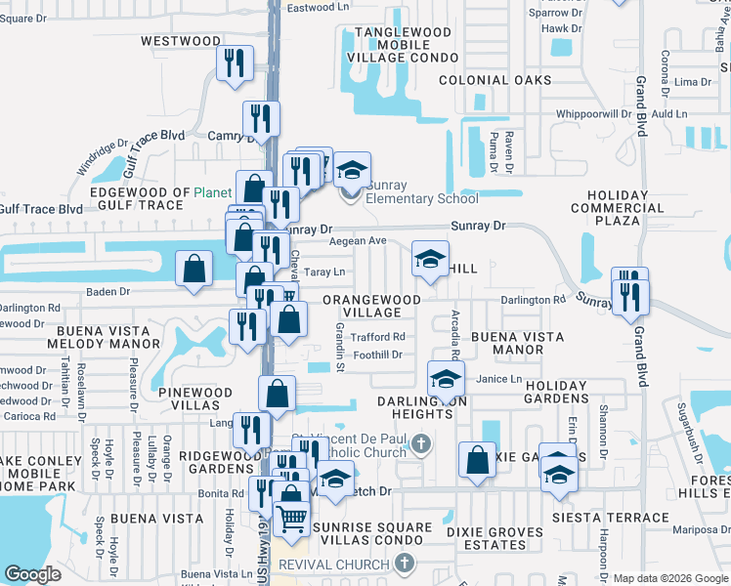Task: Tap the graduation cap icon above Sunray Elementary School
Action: tap(351, 171)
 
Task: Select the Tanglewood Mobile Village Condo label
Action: tap(403, 45)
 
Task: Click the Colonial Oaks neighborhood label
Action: tap(494, 80)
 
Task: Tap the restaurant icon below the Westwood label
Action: tap(234, 64)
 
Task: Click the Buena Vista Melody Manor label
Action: tap(107, 337)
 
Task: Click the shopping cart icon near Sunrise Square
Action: tap(292, 518)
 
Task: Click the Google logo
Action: tap(31, 574)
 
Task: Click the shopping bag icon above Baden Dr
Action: tap(193, 268)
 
